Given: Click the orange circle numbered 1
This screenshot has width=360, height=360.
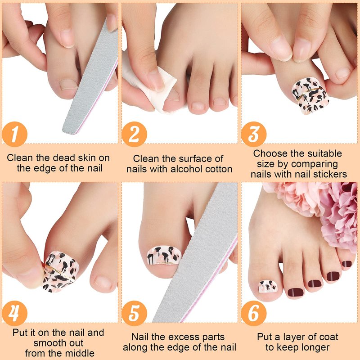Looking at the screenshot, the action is pos(15,134).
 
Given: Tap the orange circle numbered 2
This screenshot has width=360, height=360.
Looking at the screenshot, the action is pos(134,134).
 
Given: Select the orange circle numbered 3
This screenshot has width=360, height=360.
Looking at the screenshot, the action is pos(254,134).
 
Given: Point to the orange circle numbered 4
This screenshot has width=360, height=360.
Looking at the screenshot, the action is pos(15,313).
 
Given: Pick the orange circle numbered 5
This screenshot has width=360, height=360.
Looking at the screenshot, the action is pos(134,313).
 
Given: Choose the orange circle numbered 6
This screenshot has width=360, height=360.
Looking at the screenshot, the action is pos(254,313).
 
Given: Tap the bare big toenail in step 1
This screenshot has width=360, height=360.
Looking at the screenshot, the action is pos(68,85).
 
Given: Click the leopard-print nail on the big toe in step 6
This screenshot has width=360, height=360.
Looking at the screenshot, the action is pos(268,286).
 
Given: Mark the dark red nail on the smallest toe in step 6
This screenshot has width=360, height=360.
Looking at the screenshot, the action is pos(346,264).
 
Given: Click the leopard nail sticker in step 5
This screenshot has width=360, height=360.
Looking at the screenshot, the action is pos(164,255).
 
